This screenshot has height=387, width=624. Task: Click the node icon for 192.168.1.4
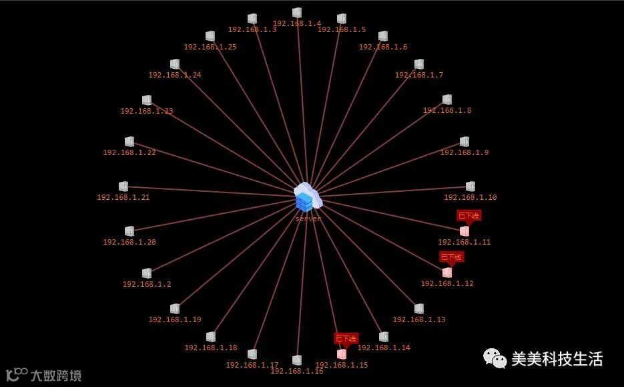(297, 13)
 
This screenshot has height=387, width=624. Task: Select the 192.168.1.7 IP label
(419, 75)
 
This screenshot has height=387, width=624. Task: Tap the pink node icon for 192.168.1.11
(464, 231)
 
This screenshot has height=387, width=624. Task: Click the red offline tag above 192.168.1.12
(451, 257)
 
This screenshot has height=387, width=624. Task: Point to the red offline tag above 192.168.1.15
(346, 338)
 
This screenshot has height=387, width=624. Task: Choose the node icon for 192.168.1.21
(123, 186)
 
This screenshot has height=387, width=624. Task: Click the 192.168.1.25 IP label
(210, 47)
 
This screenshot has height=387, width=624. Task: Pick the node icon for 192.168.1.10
(471, 186)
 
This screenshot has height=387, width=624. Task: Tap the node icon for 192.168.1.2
(147, 273)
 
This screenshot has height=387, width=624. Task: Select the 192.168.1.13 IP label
(419, 319)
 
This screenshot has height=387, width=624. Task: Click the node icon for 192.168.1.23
(147, 100)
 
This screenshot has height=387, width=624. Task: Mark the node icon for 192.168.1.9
(464, 142)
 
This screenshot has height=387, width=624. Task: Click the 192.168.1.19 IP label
(175, 319)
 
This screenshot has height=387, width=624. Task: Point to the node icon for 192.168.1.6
(383, 36)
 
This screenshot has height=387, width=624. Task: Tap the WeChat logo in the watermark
(495, 359)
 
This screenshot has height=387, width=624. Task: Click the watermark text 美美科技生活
(557, 359)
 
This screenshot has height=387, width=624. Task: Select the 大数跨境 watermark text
(56, 375)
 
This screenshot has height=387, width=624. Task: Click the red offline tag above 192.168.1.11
(469, 215)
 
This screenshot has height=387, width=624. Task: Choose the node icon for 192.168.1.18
(211, 337)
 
